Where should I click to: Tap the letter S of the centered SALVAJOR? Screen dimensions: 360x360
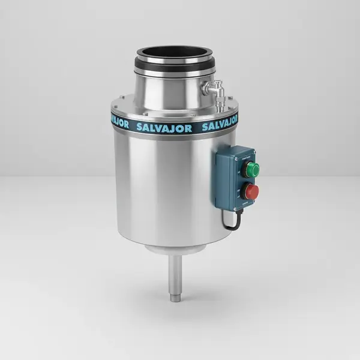click(x=140, y=128)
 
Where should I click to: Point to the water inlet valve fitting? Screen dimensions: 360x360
click(x=211, y=88)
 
